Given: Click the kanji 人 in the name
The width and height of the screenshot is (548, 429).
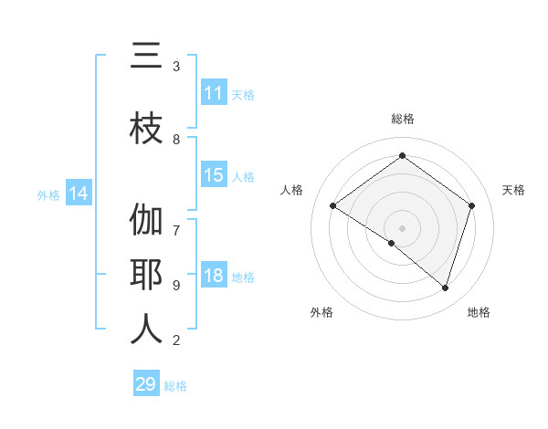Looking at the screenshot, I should pyautogui.click(x=146, y=330).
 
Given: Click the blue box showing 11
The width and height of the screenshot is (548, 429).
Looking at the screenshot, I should pyautogui.click(x=213, y=93).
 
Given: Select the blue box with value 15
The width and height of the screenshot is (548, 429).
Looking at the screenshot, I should pyautogui.click(x=213, y=176).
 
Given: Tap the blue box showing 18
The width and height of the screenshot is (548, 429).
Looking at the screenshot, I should pyautogui.click(x=213, y=277).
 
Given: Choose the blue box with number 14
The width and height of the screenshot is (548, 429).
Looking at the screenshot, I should pyautogui.click(x=78, y=194).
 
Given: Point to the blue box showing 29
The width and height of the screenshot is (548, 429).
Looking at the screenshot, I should pyautogui.click(x=146, y=384).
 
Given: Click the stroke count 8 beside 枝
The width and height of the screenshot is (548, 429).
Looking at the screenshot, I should pyautogui.click(x=176, y=139).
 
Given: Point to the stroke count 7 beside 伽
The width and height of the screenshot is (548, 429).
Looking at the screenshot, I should pyautogui.click(x=176, y=221).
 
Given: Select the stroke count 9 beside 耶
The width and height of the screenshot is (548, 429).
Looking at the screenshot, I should pyautogui.click(x=176, y=285).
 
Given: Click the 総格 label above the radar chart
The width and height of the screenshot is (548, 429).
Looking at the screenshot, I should pyautogui.click(x=402, y=119).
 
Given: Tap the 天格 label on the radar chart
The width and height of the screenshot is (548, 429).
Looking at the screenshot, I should pyautogui.click(x=513, y=190).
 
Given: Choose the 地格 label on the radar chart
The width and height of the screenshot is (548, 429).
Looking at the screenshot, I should pyautogui.click(x=479, y=312).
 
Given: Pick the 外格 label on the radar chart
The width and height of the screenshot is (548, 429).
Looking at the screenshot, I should pyautogui.click(x=321, y=312).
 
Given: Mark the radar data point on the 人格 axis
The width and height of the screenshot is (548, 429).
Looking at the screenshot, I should pyautogui.click(x=332, y=205).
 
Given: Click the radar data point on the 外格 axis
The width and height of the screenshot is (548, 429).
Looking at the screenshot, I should pyautogui.click(x=391, y=243).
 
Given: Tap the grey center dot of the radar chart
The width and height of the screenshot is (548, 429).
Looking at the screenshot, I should pyautogui.click(x=402, y=227).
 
